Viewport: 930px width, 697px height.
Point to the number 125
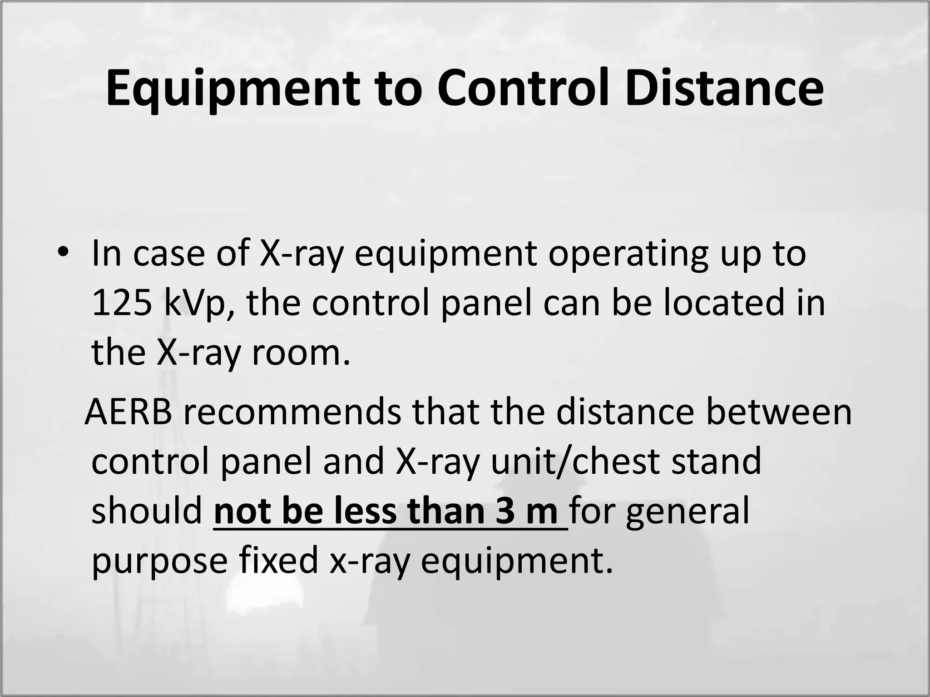[122, 303]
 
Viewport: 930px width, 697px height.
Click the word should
[147, 511]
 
